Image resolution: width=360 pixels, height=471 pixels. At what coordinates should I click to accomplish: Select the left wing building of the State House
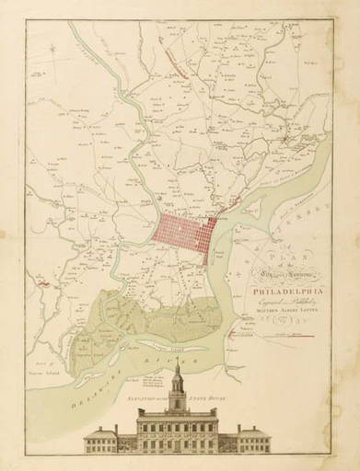tap(105, 441)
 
